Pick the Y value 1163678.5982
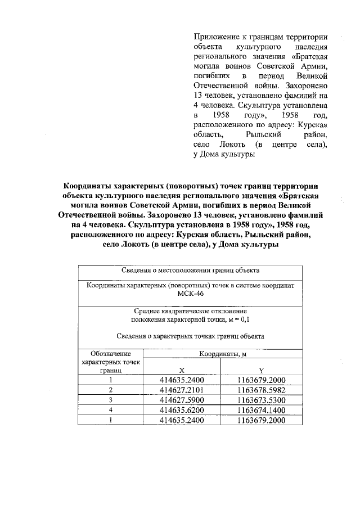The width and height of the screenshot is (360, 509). pyautogui.click(x=262, y=390)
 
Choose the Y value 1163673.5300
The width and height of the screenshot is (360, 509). pyautogui.click(x=262, y=400)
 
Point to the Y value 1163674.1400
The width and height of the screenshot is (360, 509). pyautogui.click(x=262, y=410)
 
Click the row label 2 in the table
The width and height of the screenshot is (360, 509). pyautogui.click(x=111, y=390)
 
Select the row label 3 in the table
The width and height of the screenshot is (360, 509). pyautogui.click(x=111, y=400)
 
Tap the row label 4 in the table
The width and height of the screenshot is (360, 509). pyautogui.click(x=111, y=410)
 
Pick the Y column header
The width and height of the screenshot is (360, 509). pyautogui.click(x=262, y=371)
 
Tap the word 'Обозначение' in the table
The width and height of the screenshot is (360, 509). pyautogui.click(x=111, y=354)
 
